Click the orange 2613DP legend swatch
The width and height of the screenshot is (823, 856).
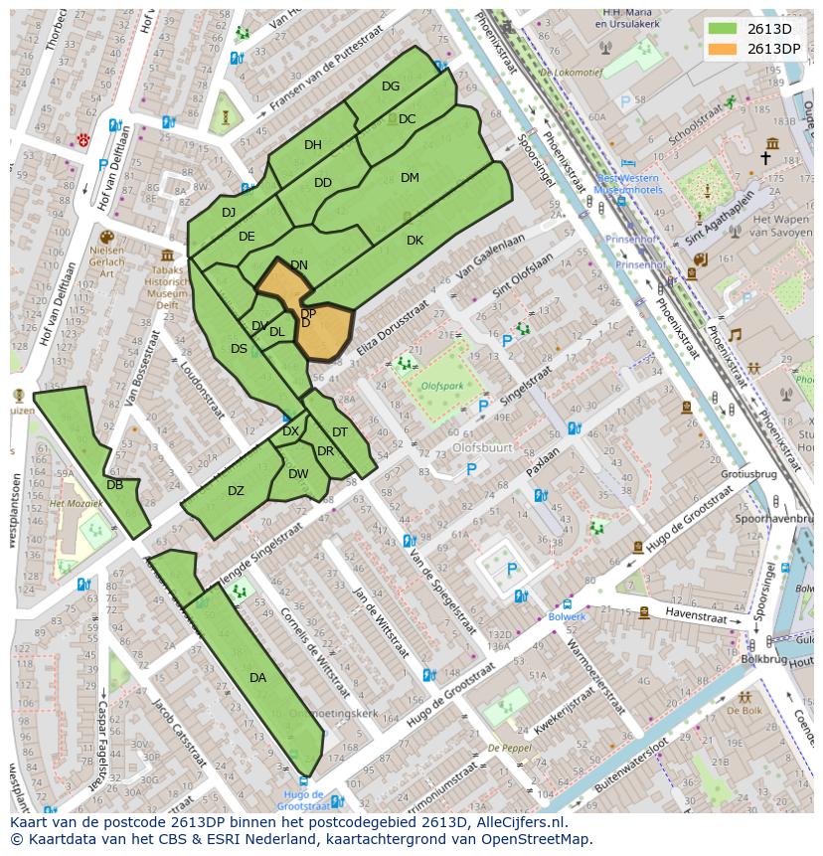(725, 49)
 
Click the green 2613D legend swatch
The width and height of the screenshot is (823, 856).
(725, 29)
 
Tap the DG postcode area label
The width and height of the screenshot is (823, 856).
(391, 86)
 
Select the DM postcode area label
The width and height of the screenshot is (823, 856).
(410, 178)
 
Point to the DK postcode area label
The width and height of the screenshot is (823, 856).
(414, 241)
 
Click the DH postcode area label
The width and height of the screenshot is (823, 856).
(313, 145)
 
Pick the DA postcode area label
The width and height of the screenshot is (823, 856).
(257, 678)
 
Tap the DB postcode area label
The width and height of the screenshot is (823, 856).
(114, 485)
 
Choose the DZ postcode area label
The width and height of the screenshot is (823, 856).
(236, 491)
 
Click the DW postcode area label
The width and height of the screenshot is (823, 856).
(298, 474)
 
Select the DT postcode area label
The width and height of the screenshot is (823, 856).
(340, 432)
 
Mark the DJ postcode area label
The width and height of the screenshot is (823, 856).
(229, 213)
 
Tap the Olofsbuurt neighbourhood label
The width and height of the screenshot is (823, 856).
(482, 448)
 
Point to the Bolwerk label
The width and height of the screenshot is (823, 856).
(567, 616)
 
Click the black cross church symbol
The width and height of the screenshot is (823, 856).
(765, 158)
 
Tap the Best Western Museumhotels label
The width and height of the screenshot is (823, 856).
(628, 183)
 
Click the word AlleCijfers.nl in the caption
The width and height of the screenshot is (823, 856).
(517, 822)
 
